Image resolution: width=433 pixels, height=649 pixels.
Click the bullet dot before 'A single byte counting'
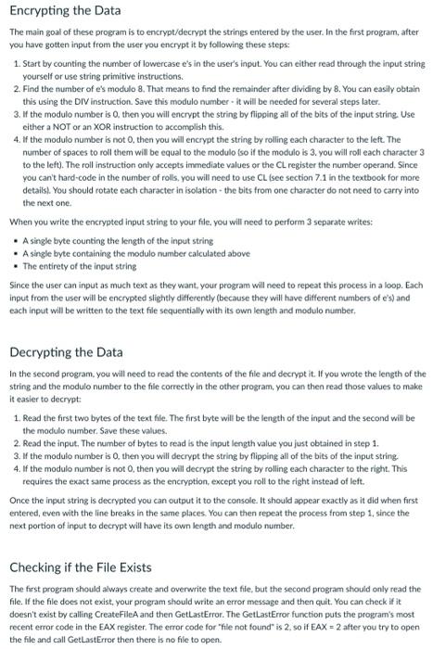click(x=15, y=240)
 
